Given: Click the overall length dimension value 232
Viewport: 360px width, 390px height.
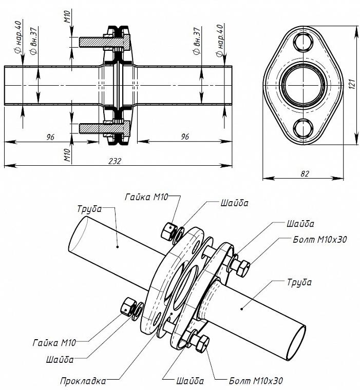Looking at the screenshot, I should (115, 161).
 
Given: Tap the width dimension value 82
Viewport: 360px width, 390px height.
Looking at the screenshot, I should (305, 173).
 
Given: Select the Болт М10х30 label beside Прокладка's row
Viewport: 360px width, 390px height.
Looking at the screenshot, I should (256, 381).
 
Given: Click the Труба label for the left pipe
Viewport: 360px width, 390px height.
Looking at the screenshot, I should (89, 209).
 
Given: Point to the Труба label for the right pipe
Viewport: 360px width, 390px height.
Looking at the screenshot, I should (299, 282).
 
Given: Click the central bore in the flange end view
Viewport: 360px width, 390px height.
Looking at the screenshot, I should (302, 84).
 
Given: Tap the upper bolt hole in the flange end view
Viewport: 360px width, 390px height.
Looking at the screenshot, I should (302, 42).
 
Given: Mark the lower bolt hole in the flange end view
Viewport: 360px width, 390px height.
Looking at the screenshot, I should (302, 127).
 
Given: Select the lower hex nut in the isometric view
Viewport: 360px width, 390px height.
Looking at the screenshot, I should (126, 306).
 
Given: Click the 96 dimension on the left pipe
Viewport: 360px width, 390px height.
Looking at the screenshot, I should (50, 136).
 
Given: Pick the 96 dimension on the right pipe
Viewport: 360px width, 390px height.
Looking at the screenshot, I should (185, 136).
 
